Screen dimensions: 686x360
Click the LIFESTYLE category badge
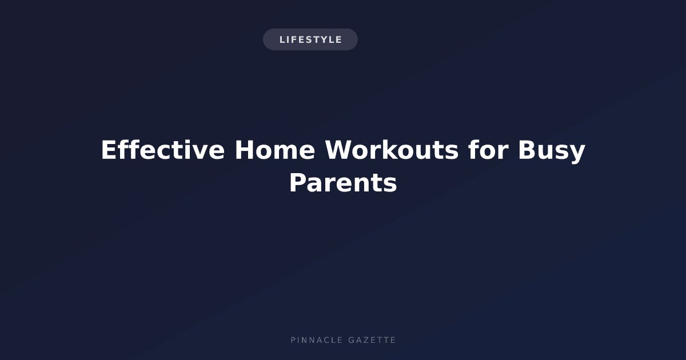(310, 39)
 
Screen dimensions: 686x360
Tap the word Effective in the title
(163, 150)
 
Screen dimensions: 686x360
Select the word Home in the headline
(275, 150)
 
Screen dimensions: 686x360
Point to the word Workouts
(392, 150)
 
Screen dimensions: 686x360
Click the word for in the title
(488, 150)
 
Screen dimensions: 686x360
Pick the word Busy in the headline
(552, 151)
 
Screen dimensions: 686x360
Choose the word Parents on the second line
(343, 183)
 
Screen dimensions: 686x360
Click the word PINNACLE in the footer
(317, 340)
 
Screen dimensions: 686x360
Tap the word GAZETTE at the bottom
(372, 340)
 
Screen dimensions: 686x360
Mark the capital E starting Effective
(109, 150)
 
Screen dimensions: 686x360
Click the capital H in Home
(245, 150)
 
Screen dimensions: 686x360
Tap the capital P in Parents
(298, 183)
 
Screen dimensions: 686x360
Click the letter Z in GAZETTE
(364, 340)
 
